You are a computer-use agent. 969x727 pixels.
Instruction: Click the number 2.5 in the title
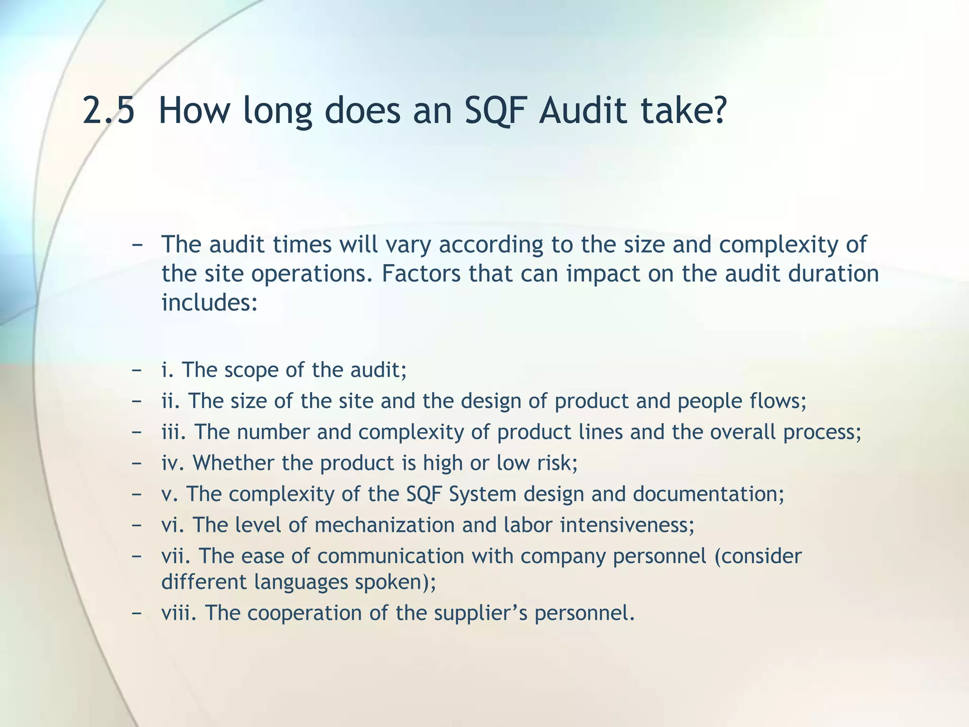click(108, 110)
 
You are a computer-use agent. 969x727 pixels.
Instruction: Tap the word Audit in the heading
click(582, 110)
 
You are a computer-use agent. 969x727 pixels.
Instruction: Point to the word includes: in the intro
click(210, 302)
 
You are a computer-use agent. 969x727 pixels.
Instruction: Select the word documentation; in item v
click(708, 494)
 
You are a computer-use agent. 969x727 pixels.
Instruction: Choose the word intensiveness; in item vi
click(627, 525)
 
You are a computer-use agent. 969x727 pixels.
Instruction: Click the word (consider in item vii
click(758, 556)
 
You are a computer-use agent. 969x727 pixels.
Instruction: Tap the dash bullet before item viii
click(137, 613)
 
